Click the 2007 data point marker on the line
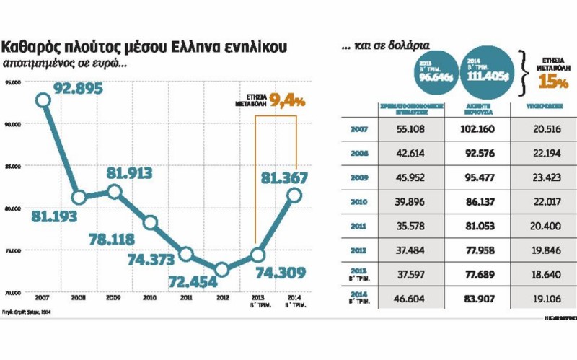click(x=43, y=100)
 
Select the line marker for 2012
click(x=221, y=269)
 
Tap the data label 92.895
click(x=79, y=89)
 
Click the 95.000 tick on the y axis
click(x=13, y=82)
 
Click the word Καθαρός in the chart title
click(x=30, y=48)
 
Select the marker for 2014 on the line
click(x=294, y=194)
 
